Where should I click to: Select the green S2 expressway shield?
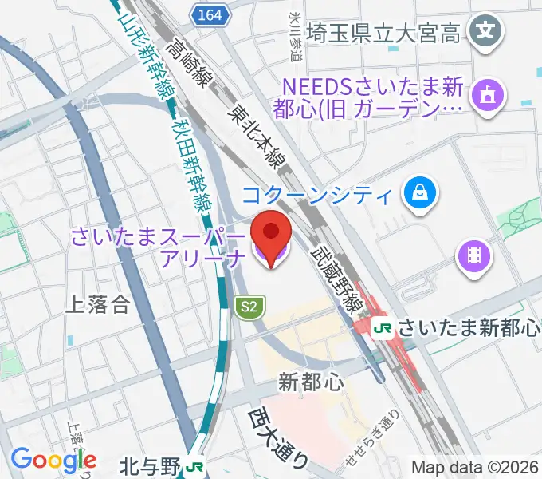(250, 306)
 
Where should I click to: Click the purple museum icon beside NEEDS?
(486, 96)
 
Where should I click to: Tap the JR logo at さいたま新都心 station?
(383, 327)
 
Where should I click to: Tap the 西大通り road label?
(277, 437)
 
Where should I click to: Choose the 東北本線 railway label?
(256, 137)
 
